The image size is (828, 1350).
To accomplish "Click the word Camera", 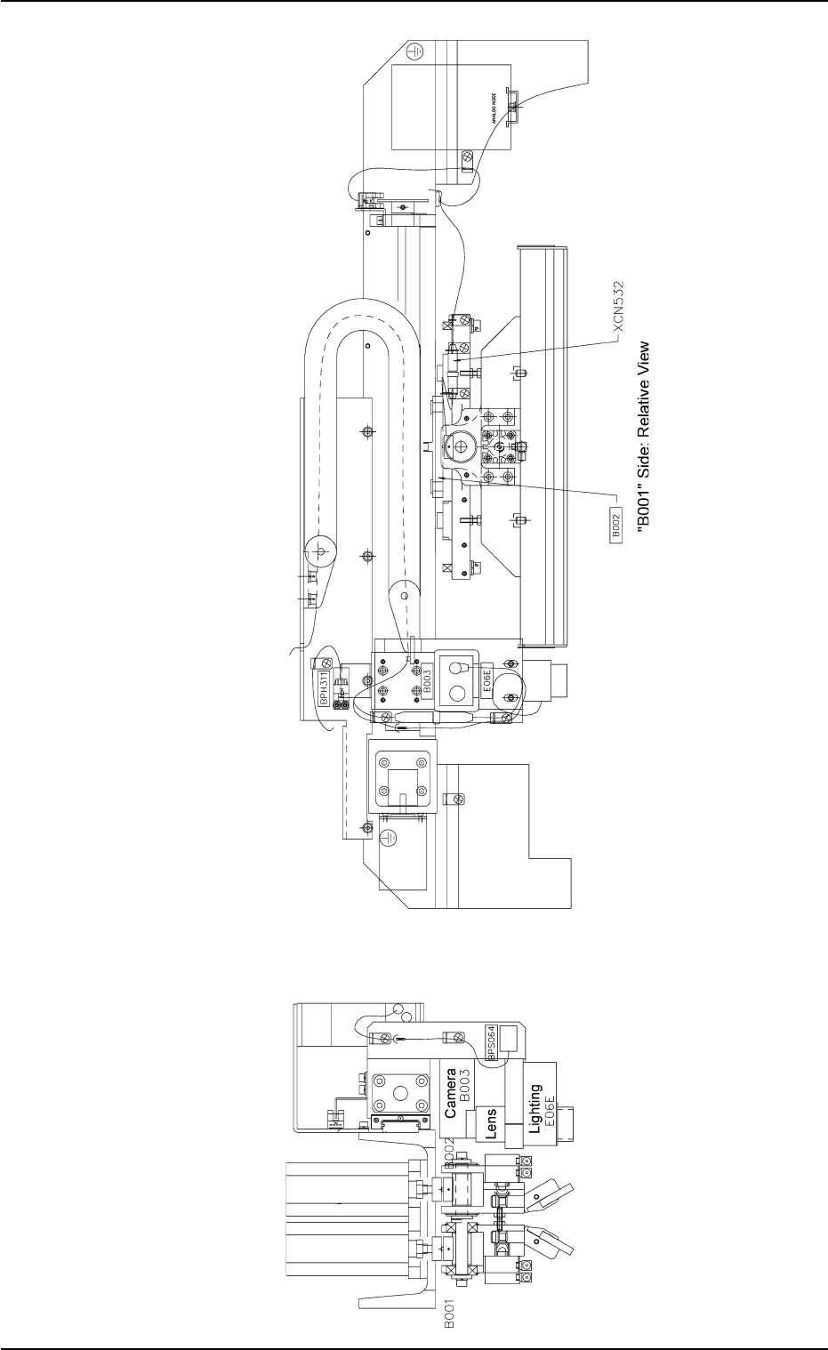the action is coord(451,1093).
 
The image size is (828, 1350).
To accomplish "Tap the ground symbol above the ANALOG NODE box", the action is coord(411,53).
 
